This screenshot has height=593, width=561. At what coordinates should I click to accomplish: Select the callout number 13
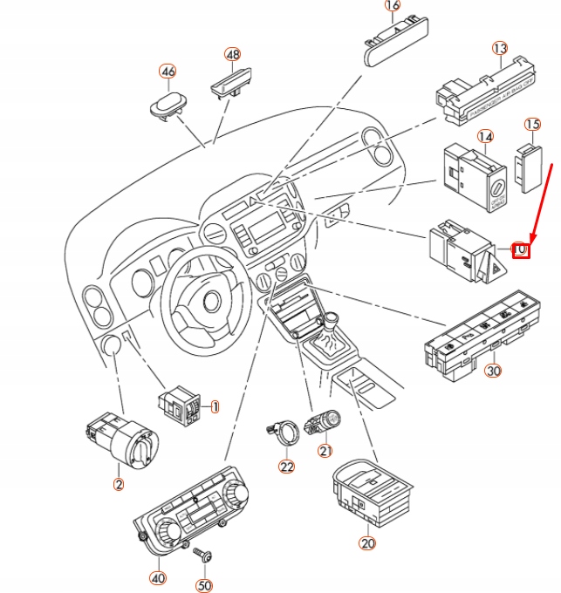tap(499, 48)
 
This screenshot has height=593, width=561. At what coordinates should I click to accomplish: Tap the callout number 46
tap(167, 71)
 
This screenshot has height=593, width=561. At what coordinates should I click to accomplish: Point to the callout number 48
tap(231, 54)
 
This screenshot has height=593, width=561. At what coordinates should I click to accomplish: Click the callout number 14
tap(485, 137)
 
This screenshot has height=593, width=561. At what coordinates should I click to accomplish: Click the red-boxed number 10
tap(520, 249)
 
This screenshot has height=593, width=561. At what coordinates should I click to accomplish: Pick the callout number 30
tap(493, 371)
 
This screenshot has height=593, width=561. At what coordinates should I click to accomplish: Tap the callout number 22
tap(287, 467)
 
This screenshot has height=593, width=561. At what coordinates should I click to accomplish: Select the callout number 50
tap(204, 585)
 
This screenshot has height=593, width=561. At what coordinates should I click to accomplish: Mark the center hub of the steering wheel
tap(209, 300)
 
